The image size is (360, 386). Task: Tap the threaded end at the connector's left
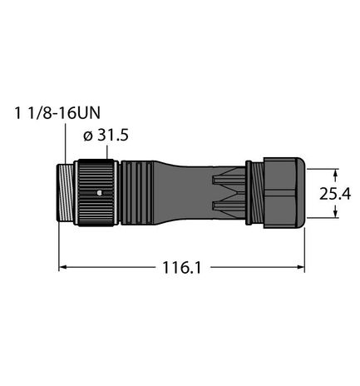(69, 196)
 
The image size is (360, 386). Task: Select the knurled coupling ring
(96, 196)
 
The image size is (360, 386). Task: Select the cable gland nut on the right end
(283, 196)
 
